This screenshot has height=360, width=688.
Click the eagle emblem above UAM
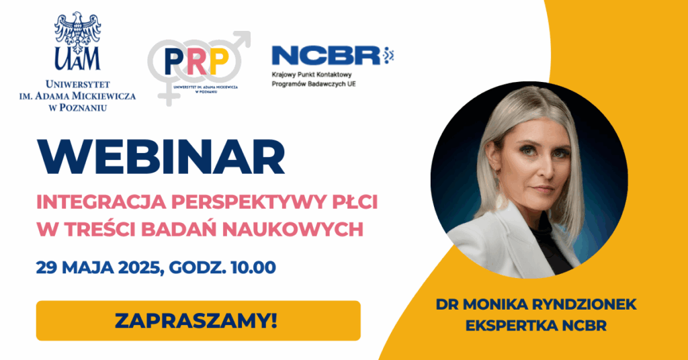pos(78,30)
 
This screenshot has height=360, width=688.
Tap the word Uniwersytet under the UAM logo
pos(78,84)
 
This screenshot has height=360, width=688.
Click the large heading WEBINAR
pos(161,158)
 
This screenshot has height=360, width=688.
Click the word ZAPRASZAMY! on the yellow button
pos(196,320)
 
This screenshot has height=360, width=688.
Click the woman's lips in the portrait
pos(543,189)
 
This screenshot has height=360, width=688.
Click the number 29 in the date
pos(46,267)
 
